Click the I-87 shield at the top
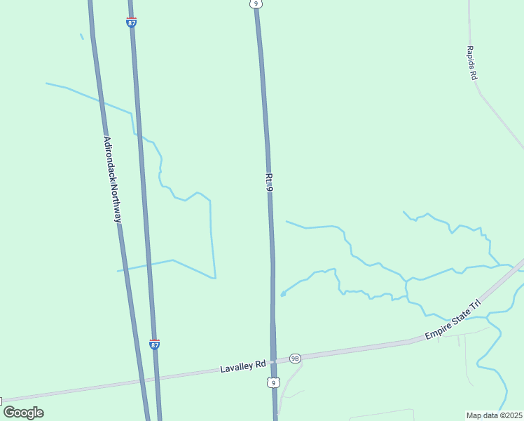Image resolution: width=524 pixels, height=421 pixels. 132,22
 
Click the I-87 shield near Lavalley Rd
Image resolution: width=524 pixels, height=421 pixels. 155,344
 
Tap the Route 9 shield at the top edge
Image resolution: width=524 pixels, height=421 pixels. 257,4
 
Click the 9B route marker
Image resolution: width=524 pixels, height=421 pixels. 295,358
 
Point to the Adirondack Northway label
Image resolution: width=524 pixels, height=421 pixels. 113,180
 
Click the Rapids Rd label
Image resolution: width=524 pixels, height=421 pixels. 472,63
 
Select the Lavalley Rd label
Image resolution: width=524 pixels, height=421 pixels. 243,366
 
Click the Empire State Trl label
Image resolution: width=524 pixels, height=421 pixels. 455,319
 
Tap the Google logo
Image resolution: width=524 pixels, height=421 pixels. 23,413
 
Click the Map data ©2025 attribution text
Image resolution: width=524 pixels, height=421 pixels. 494,415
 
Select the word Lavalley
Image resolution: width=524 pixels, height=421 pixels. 236,366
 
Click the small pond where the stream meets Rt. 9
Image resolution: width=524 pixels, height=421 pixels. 283,294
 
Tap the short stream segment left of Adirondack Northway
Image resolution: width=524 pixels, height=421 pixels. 82,36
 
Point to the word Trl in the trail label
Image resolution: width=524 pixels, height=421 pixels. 476,305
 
